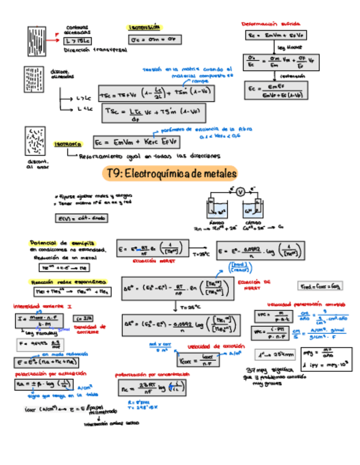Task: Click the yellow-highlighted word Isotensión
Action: [144, 27]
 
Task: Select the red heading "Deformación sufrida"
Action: [271, 24]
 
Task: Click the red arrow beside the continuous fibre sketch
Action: [57, 36]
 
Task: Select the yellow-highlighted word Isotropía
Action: [69, 144]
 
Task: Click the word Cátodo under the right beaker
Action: [254, 223]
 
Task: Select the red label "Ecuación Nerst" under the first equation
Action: [150, 261]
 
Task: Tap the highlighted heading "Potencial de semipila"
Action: [62, 242]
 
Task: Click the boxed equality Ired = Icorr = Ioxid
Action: [319, 286]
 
